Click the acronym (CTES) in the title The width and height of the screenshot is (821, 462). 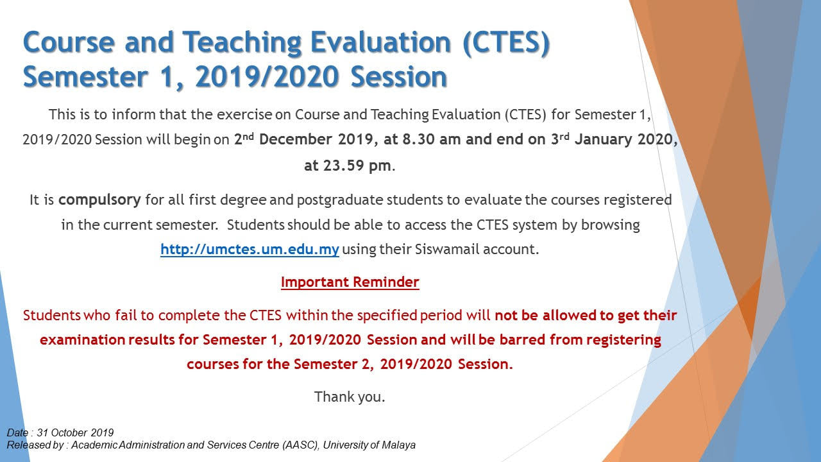[x=506, y=43]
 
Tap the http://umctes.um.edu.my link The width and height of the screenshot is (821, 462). [x=250, y=250]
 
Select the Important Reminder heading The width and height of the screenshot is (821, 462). [x=350, y=282]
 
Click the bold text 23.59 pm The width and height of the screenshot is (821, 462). [x=357, y=166]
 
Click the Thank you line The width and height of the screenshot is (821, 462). [x=350, y=397]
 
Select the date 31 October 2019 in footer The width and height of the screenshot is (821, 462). [x=75, y=432]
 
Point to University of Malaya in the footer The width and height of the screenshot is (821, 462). [x=369, y=445]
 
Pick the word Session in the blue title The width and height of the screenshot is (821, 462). [x=399, y=77]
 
